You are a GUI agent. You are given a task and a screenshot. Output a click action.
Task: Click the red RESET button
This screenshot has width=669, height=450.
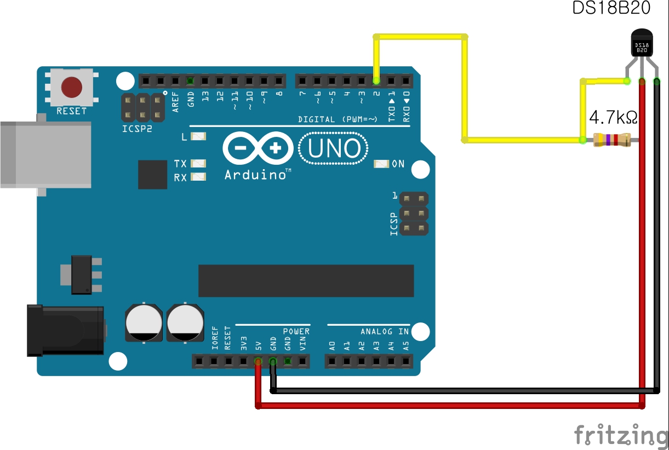click(72, 87)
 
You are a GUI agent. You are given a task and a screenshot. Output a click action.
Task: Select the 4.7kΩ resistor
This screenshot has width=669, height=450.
click(612, 140)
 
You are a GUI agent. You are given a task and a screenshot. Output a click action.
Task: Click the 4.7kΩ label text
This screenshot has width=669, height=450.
click(613, 118)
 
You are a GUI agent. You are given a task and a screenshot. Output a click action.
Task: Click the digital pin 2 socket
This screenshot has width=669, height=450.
click(376, 81)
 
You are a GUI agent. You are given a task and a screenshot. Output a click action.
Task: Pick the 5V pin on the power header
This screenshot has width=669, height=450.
click(258, 361)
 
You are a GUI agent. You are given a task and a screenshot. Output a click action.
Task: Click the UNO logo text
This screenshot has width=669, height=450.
click(334, 148)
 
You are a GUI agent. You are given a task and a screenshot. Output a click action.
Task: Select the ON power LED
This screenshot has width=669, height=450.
click(381, 164)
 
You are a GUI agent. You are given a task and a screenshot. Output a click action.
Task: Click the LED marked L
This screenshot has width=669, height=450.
click(198, 136)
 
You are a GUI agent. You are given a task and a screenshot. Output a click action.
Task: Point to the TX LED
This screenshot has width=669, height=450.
click(199, 163)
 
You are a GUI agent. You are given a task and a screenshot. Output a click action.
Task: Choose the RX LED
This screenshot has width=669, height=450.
click(199, 177)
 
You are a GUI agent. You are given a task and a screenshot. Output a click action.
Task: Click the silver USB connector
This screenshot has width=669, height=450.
click(44, 154)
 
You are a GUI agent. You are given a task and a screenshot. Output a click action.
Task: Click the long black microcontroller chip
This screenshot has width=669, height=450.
click(306, 281)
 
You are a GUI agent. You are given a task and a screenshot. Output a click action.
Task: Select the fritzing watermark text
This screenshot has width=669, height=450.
click(621, 435)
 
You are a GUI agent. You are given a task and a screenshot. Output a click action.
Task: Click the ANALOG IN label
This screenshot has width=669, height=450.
click(385, 332)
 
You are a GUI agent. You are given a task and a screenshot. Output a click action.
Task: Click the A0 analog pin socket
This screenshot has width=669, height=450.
click(332, 361)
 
